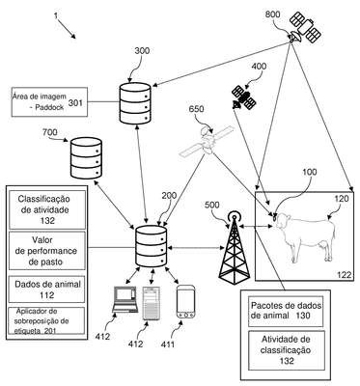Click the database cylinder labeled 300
tap(135, 103)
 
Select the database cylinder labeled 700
tap(86, 158)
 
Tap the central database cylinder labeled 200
tap(152, 246)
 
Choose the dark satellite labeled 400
tap(244, 97)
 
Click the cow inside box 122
tap(305, 236)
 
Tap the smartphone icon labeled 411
tap(186, 302)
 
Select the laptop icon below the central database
tap(125, 299)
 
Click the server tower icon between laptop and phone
tap(151, 303)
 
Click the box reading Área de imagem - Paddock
tap(49, 101)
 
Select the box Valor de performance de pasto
tap(47, 251)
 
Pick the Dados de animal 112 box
tap(47, 289)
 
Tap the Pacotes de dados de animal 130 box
tap(286, 311)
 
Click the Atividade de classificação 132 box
tap(286, 350)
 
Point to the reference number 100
tap(309, 172)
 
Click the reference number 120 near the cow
tap(342, 199)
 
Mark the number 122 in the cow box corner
tap(344, 274)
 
